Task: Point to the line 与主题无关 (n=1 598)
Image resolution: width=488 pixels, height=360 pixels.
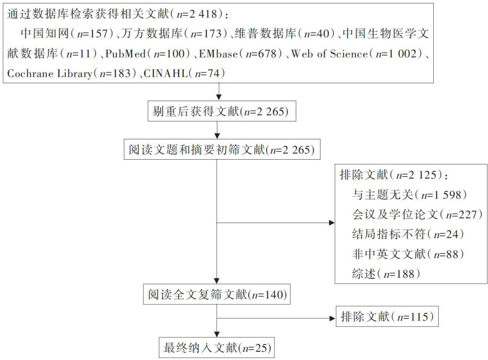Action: point(409,195)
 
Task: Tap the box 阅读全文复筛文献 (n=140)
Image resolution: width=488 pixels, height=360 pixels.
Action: point(216,294)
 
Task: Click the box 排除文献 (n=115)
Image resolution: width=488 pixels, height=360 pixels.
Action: point(387,317)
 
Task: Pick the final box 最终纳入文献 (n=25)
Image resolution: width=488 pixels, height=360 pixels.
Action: point(216,347)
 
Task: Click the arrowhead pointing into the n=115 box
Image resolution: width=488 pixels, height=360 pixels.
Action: point(332,318)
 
